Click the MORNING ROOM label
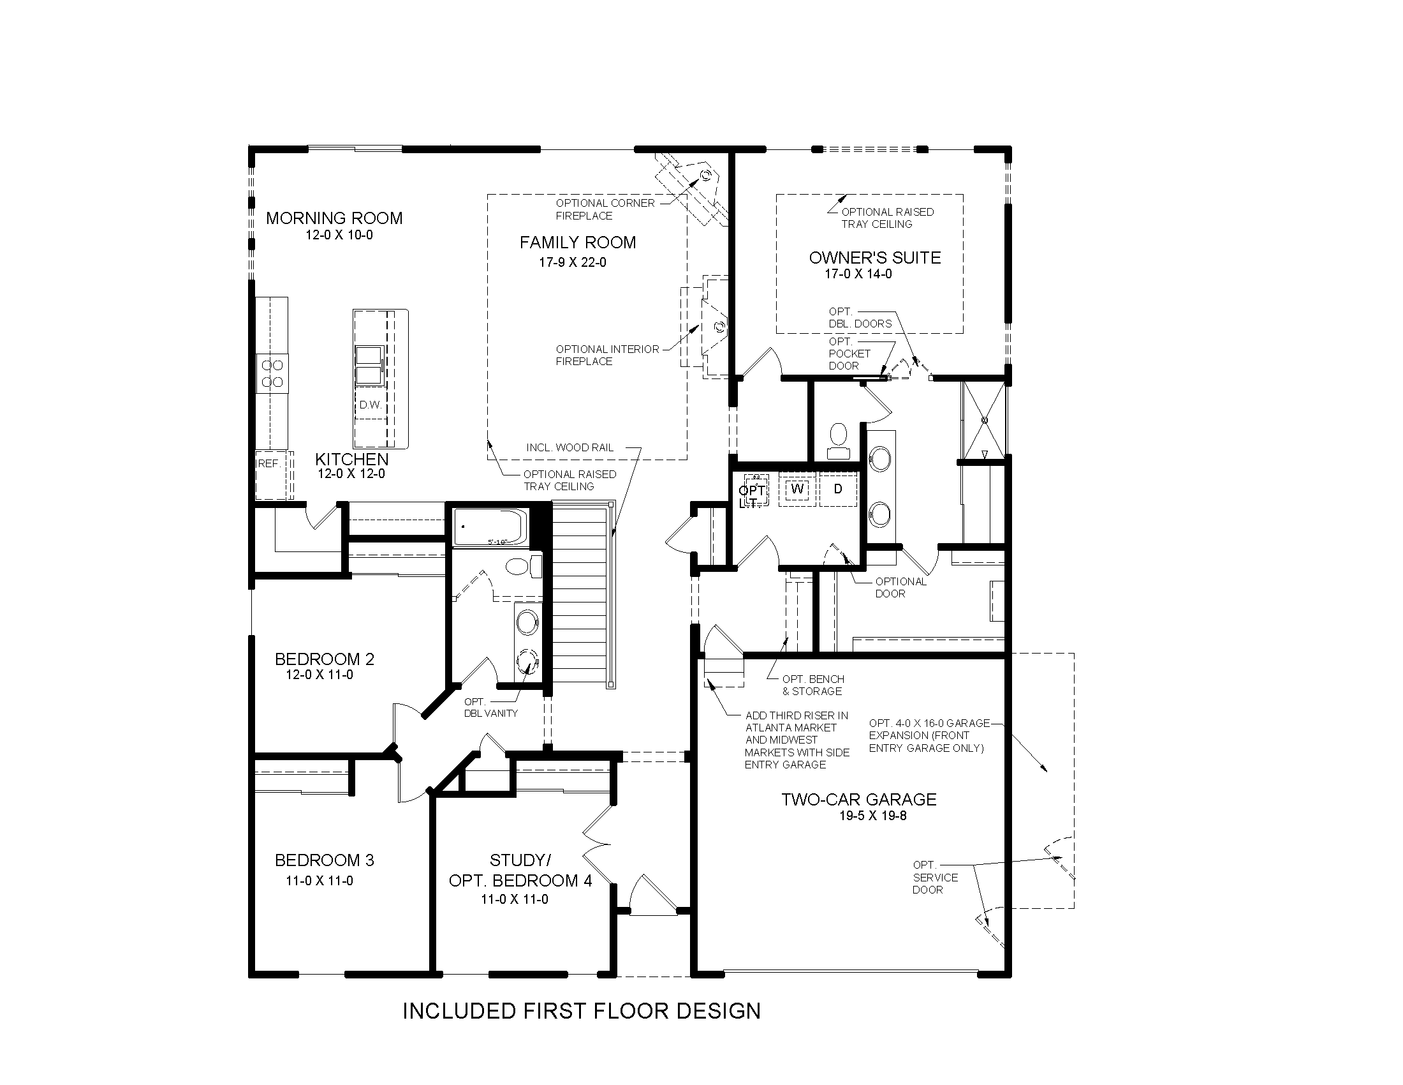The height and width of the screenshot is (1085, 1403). tap(334, 218)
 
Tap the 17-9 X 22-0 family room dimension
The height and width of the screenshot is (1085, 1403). tap(573, 262)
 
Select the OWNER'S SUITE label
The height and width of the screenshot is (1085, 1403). tap(874, 258)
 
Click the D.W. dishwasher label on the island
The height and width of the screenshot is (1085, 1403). tap(370, 405)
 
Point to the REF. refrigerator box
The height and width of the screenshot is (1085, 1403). tap(270, 464)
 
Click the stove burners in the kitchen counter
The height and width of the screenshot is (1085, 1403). tap(272, 373)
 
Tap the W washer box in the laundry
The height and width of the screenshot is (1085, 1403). tap(797, 489)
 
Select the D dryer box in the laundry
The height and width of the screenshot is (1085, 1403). tap(838, 489)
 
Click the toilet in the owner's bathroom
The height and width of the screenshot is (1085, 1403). tap(839, 440)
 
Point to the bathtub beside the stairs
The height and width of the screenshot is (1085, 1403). tap(490, 527)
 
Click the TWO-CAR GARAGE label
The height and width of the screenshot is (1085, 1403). tap(858, 800)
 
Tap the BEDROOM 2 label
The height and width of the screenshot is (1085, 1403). tap(325, 659)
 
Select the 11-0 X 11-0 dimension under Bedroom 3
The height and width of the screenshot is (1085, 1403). tap(320, 881)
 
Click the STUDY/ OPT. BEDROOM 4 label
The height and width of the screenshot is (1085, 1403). tap(520, 871)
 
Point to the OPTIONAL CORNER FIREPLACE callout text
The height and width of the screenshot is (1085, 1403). tap(605, 209)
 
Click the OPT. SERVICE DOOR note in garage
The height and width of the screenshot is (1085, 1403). tap(934, 878)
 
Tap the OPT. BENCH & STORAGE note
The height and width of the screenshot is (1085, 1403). tap(812, 685)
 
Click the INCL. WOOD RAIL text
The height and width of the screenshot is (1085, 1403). tap(569, 448)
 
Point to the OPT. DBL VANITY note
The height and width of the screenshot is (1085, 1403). tap(490, 708)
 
